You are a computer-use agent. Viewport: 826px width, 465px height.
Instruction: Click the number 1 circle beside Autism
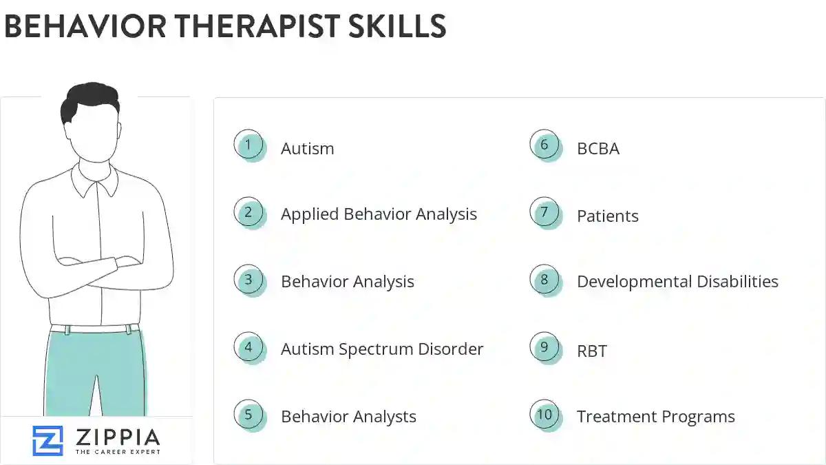[248, 145]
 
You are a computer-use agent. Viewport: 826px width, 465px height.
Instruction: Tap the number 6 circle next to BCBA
[544, 145]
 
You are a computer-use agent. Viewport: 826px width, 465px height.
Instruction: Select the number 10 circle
[544, 415]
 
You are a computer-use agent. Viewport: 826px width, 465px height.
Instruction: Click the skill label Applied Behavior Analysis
[379, 214]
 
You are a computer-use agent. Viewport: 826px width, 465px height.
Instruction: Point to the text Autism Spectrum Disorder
[382, 349]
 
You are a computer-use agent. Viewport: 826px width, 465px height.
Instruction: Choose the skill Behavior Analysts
[348, 417]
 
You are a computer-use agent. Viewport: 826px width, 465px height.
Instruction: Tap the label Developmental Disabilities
[677, 282]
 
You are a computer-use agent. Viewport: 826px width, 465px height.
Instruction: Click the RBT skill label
[592, 351]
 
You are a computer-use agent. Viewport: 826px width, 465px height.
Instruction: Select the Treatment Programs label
[655, 417]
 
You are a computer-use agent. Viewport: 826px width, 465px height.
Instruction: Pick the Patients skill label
[608, 216]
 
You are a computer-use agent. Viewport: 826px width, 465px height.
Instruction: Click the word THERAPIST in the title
[262, 26]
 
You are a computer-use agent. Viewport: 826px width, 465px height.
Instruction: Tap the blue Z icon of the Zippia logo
[47, 441]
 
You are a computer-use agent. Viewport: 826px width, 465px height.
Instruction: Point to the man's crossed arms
[96, 265]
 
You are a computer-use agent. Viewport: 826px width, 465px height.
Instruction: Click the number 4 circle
[248, 347]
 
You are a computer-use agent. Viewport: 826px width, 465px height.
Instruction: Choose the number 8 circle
[544, 280]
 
